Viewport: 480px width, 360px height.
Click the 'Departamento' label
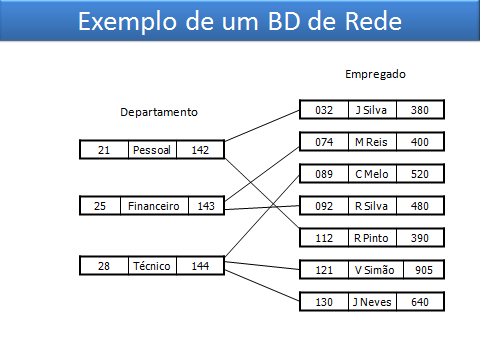[158, 112]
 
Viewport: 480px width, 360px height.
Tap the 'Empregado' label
[375, 74]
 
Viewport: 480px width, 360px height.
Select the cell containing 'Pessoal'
[152, 150]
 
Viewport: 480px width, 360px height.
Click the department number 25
[101, 206]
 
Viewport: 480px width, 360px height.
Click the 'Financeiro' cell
[154, 206]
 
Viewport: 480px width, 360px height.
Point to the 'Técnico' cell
[151, 266]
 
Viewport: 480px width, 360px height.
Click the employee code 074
[323, 142]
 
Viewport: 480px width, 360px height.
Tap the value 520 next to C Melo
[419, 174]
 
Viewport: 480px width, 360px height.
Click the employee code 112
[323, 238]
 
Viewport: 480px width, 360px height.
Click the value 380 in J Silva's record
[419, 110]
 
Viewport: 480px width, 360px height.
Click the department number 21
[103, 150]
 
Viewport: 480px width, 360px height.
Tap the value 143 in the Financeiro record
[205, 206]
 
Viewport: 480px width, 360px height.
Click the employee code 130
[323, 302]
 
